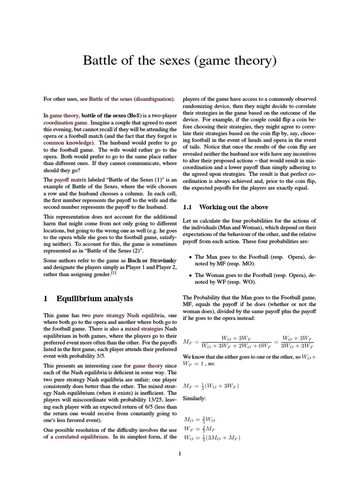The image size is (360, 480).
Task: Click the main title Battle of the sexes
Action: click(180, 60)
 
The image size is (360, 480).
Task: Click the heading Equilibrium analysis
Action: click(95, 299)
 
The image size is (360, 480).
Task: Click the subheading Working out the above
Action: click(234, 207)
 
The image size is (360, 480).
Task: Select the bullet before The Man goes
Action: click(189, 257)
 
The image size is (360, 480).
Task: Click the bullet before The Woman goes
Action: click(189, 276)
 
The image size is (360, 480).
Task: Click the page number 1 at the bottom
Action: click(180, 453)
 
